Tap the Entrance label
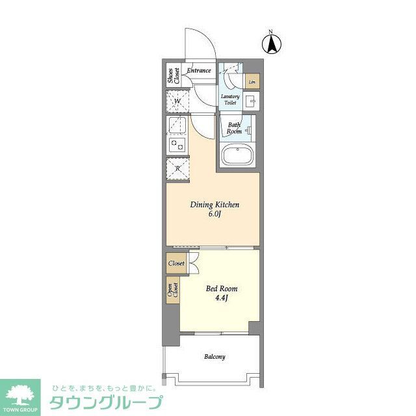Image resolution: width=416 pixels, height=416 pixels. (x=199, y=70)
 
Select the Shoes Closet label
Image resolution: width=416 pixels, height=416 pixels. (x=172, y=76)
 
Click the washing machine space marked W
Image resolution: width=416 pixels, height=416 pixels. (x=177, y=102)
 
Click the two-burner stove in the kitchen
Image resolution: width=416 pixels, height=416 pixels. (x=177, y=144)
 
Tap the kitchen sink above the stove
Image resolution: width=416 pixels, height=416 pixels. (x=177, y=124)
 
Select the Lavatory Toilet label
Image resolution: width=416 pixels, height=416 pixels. (x=231, y=100)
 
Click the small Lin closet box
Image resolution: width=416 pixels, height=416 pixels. (x=252, y=83)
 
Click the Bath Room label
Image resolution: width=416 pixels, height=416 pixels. (x=234, y=127)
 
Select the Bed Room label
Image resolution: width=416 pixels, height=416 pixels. (x=222, y=289)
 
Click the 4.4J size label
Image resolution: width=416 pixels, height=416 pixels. (x=222, y=299)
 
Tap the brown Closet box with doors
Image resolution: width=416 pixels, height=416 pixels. (x=176, y=264)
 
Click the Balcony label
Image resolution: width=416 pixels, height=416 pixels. (x=214, y=357)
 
